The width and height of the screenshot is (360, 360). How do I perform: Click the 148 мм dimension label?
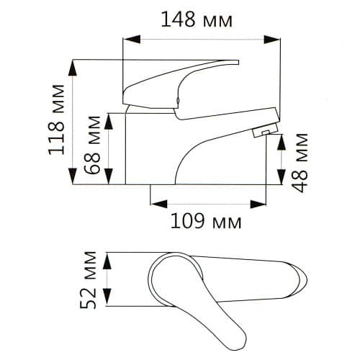coord(197,19)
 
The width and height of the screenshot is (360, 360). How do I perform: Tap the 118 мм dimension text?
coord(57,120)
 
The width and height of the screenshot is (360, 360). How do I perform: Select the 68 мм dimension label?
coord(92,145)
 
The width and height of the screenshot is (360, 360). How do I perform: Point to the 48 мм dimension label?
coord(300,163)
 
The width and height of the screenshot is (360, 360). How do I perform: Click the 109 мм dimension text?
coord(206,221)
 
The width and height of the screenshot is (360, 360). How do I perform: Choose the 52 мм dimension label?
coord(88,280)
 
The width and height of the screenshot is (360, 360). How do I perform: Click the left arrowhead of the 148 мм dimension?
coord(132,39)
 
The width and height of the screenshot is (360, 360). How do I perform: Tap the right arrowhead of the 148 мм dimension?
coord(271,39)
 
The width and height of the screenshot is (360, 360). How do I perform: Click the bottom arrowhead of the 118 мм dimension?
coord(73,176)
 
